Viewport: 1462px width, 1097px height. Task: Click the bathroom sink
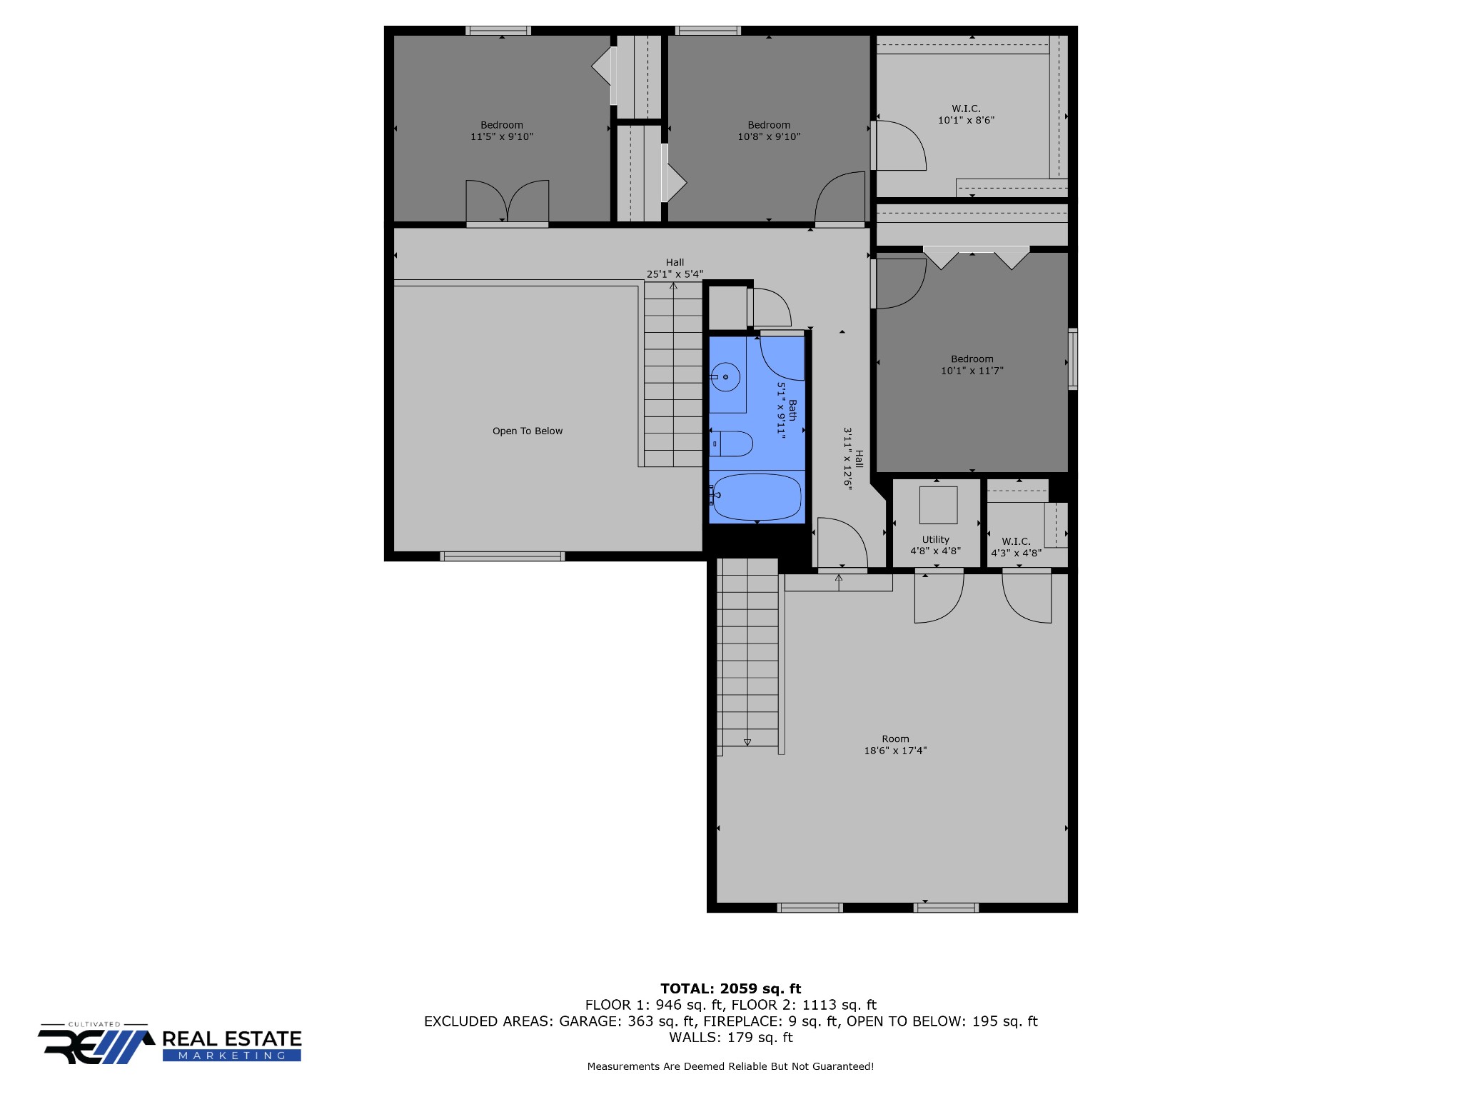pyautogui.click(x=726, y=376)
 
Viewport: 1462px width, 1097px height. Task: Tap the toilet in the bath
pyautogui.click(x=734, y=444)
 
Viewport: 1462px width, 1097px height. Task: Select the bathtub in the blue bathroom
pyautogui.click(x=757, y=497)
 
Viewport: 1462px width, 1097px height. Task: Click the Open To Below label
pyautogui.click(x=528, y=431)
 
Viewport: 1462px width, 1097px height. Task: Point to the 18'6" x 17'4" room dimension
pyautogui.click(x=895, y=751)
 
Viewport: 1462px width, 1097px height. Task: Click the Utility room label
pyautogui.click(x=935, y=540)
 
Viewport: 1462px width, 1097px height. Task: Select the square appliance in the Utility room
pyautogui.click(x=938, y=505)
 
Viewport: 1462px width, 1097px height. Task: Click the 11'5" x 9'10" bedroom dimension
pyautogui.click(x=502, y=137)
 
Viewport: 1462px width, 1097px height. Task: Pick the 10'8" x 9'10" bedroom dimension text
pyautogui.click(x=769, y=137)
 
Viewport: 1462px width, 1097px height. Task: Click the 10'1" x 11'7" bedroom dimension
pyautogui.click(x=972, y=371)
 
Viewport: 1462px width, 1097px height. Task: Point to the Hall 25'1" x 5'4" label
pyautogui.click(x=675, y=268)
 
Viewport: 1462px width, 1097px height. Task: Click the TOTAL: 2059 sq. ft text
pyautogui.click(x=730, y=989)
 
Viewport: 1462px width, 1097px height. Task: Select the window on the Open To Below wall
pyautogui.click(x=503, y=556)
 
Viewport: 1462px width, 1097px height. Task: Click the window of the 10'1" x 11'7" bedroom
pyautogui.click(x=1072, y=359)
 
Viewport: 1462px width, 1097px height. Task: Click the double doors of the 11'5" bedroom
pyautogui.click(x=508, y=202)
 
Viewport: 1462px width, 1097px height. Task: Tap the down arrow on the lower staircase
pyautogui.click(x=747, y=743)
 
